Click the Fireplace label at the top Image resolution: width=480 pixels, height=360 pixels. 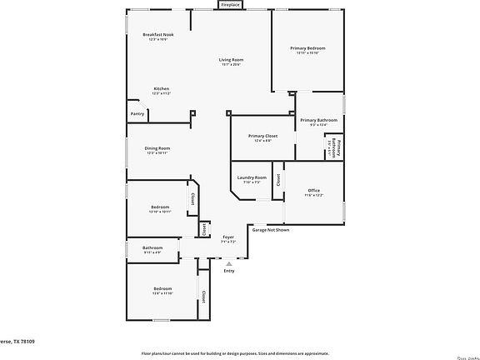(229, 4)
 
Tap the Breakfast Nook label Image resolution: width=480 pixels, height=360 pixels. (157, 35)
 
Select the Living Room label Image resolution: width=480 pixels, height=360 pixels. (231, 60)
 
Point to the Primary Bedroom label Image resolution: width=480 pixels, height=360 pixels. (307, 48)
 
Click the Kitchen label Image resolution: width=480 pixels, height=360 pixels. (161, 88)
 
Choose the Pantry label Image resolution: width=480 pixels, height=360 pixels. (137, 113)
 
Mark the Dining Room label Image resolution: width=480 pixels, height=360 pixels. (157, 147)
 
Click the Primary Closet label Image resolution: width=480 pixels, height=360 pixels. (262, 135)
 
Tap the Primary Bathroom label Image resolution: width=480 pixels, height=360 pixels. (318, 120)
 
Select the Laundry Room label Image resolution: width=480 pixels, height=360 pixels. (252, 177)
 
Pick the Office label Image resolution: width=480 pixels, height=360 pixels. (313, 190)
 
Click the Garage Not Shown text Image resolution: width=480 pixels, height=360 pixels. (271, 230)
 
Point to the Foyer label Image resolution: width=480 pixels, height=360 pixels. (227, 237)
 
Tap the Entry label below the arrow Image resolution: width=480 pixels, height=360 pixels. (229, 270)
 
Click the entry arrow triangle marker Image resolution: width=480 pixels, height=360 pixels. (229, 262)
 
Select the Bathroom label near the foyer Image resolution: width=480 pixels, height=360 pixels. (152, 247)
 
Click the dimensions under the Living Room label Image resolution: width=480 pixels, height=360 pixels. (231, 65)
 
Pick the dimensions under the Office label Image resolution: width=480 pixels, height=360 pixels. (313, 195)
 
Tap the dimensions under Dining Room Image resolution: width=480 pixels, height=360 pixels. (157, 152)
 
